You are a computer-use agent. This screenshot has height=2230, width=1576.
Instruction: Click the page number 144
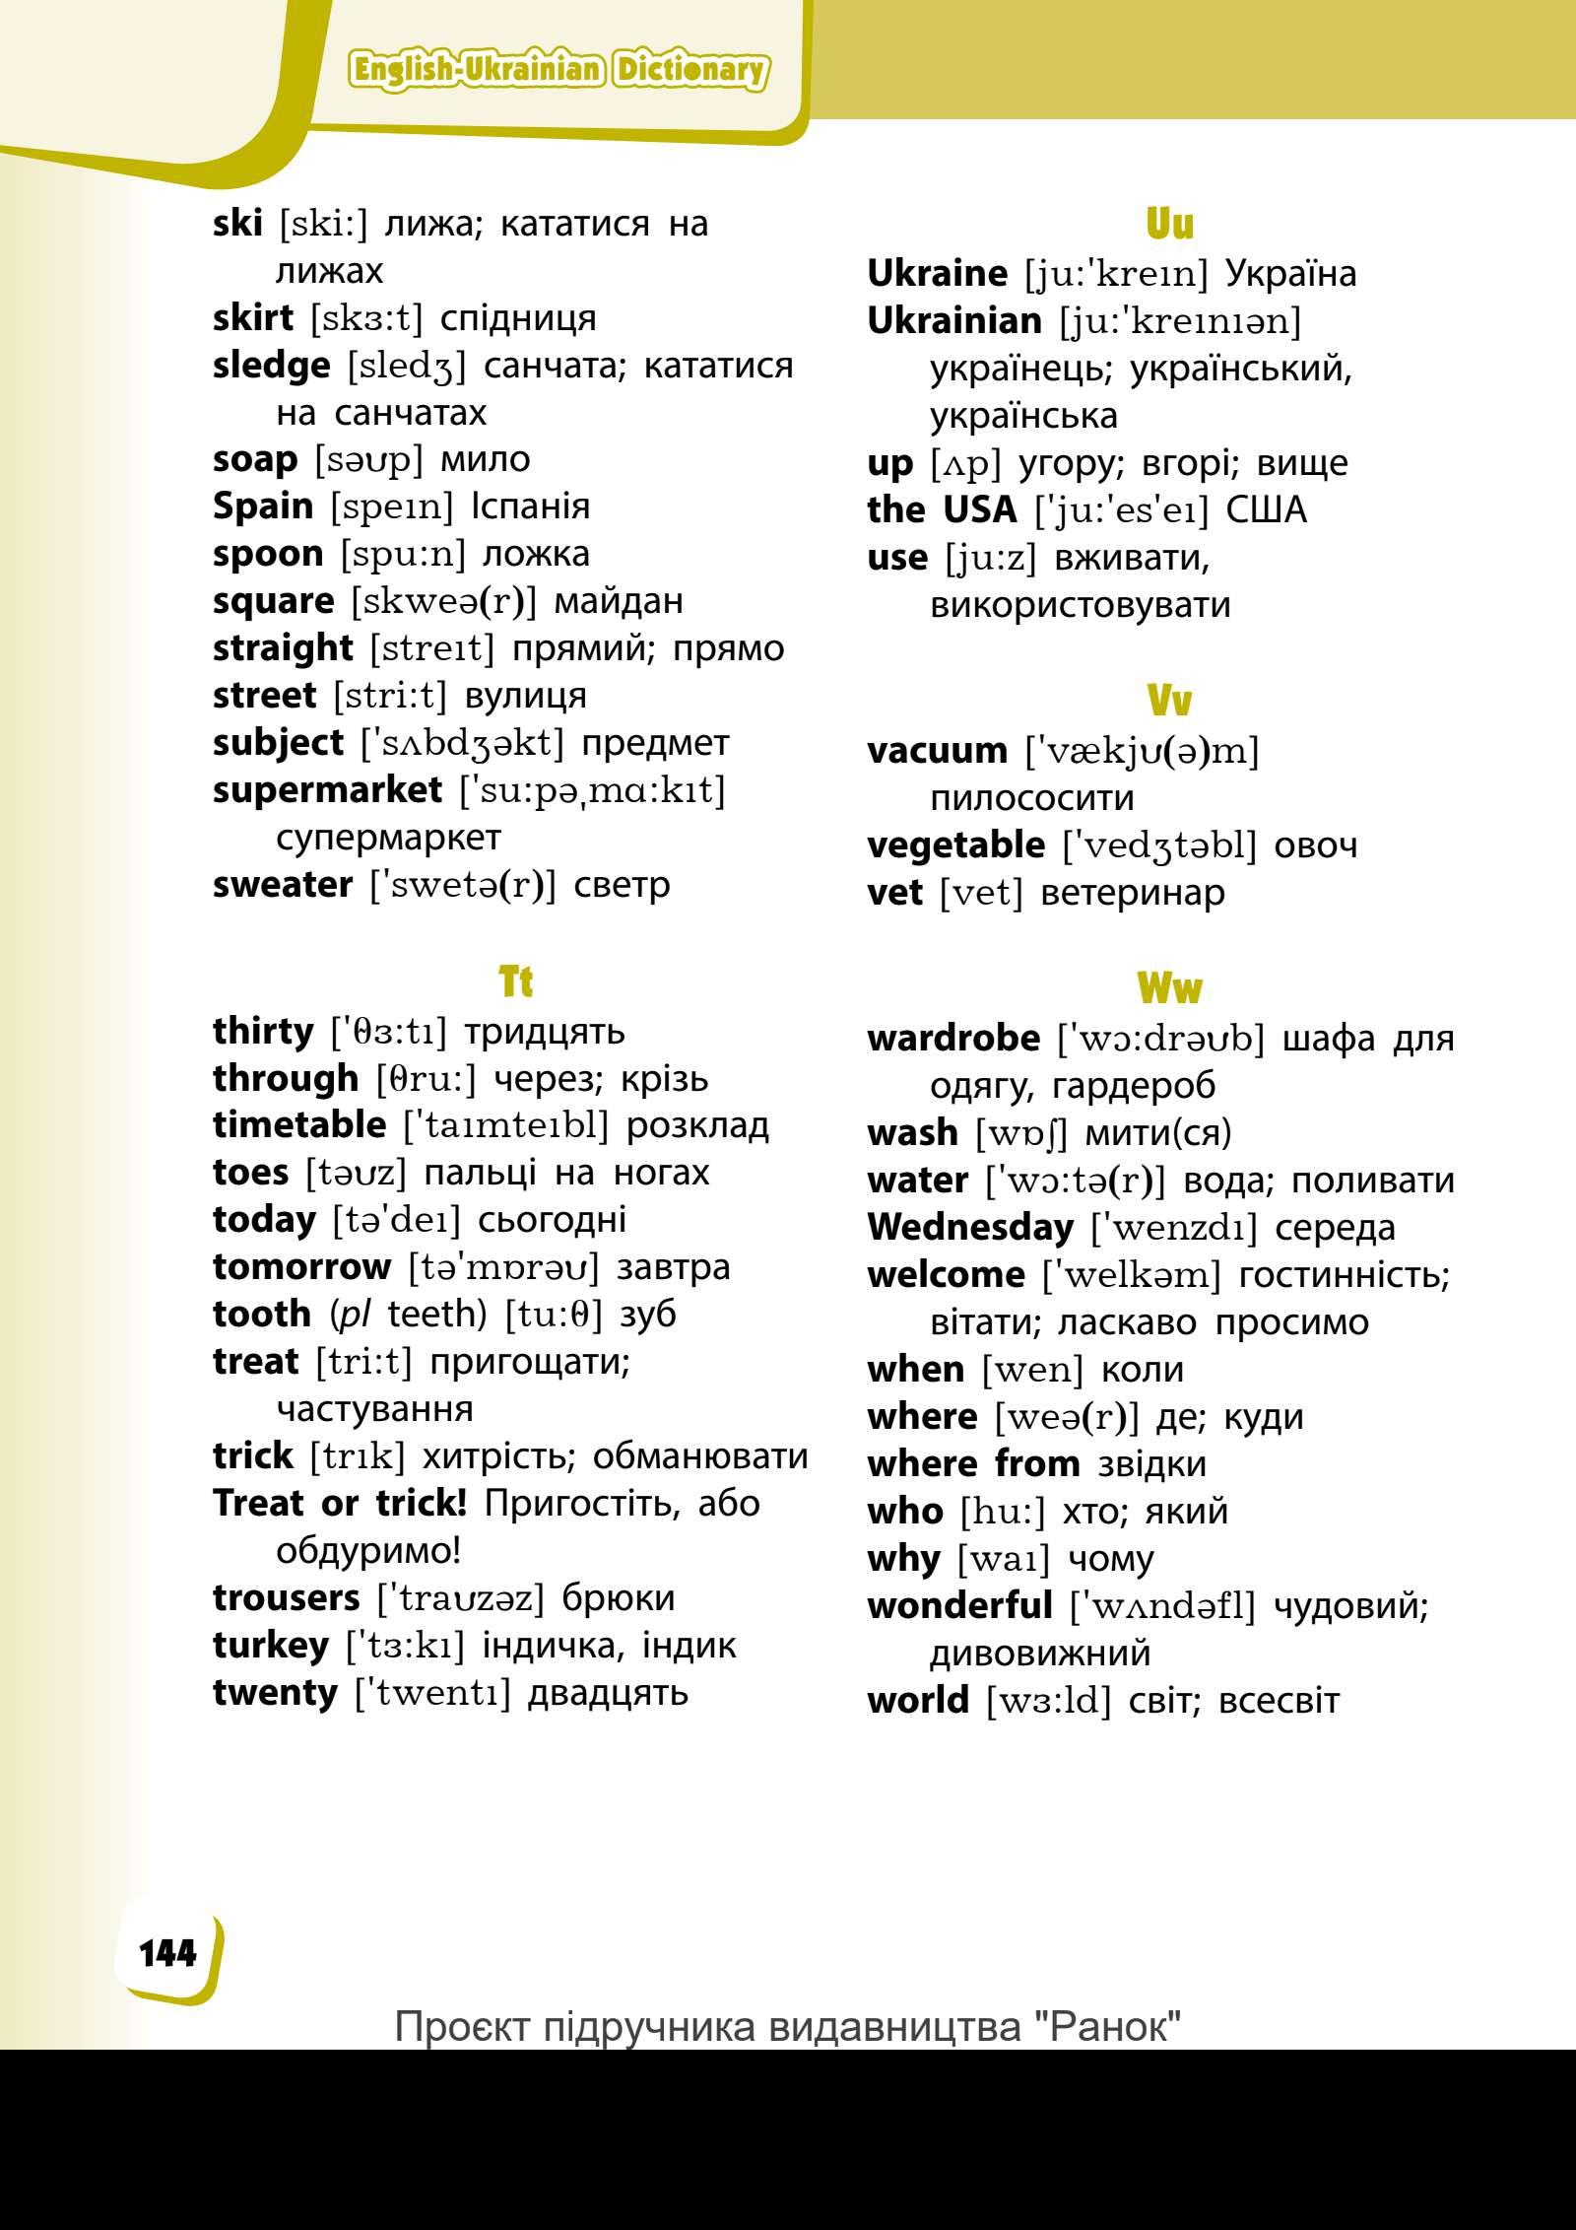(x=167, y=1952)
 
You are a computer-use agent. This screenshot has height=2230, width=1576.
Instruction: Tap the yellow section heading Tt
(x=515, y=982)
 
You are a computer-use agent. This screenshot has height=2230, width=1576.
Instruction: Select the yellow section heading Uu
(x=1169, y=225)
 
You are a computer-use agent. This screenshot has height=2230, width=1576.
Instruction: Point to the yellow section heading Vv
(x=1169, y=702)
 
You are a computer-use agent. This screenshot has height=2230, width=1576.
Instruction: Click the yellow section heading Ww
(x=1169, y=987)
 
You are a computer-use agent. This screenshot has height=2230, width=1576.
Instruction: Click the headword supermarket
(x=327, y=789)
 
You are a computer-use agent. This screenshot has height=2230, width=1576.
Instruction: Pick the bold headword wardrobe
(x=952, y=1038)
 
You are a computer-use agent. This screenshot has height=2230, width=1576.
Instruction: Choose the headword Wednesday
(x=969, y=1227)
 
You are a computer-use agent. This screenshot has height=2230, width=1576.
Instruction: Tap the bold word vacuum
(x=937, y=751)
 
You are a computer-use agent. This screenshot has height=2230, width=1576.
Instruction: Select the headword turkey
(x=271, y=1645)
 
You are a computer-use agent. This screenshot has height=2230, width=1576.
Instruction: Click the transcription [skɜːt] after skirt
(x=366, y=318)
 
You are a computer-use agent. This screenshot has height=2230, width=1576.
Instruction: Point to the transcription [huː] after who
(x=1003, y=1511)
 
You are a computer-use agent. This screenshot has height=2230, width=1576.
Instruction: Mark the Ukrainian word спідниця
(x=518, y=318)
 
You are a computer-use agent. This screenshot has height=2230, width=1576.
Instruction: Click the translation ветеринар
(x=1133, y=893)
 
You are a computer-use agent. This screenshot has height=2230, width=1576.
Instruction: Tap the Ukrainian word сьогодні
(x=552, y=1219)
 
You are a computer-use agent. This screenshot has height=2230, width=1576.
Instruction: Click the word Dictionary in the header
(x=689, y=70)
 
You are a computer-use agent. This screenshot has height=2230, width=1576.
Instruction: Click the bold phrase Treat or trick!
(x=340, y=1503)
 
